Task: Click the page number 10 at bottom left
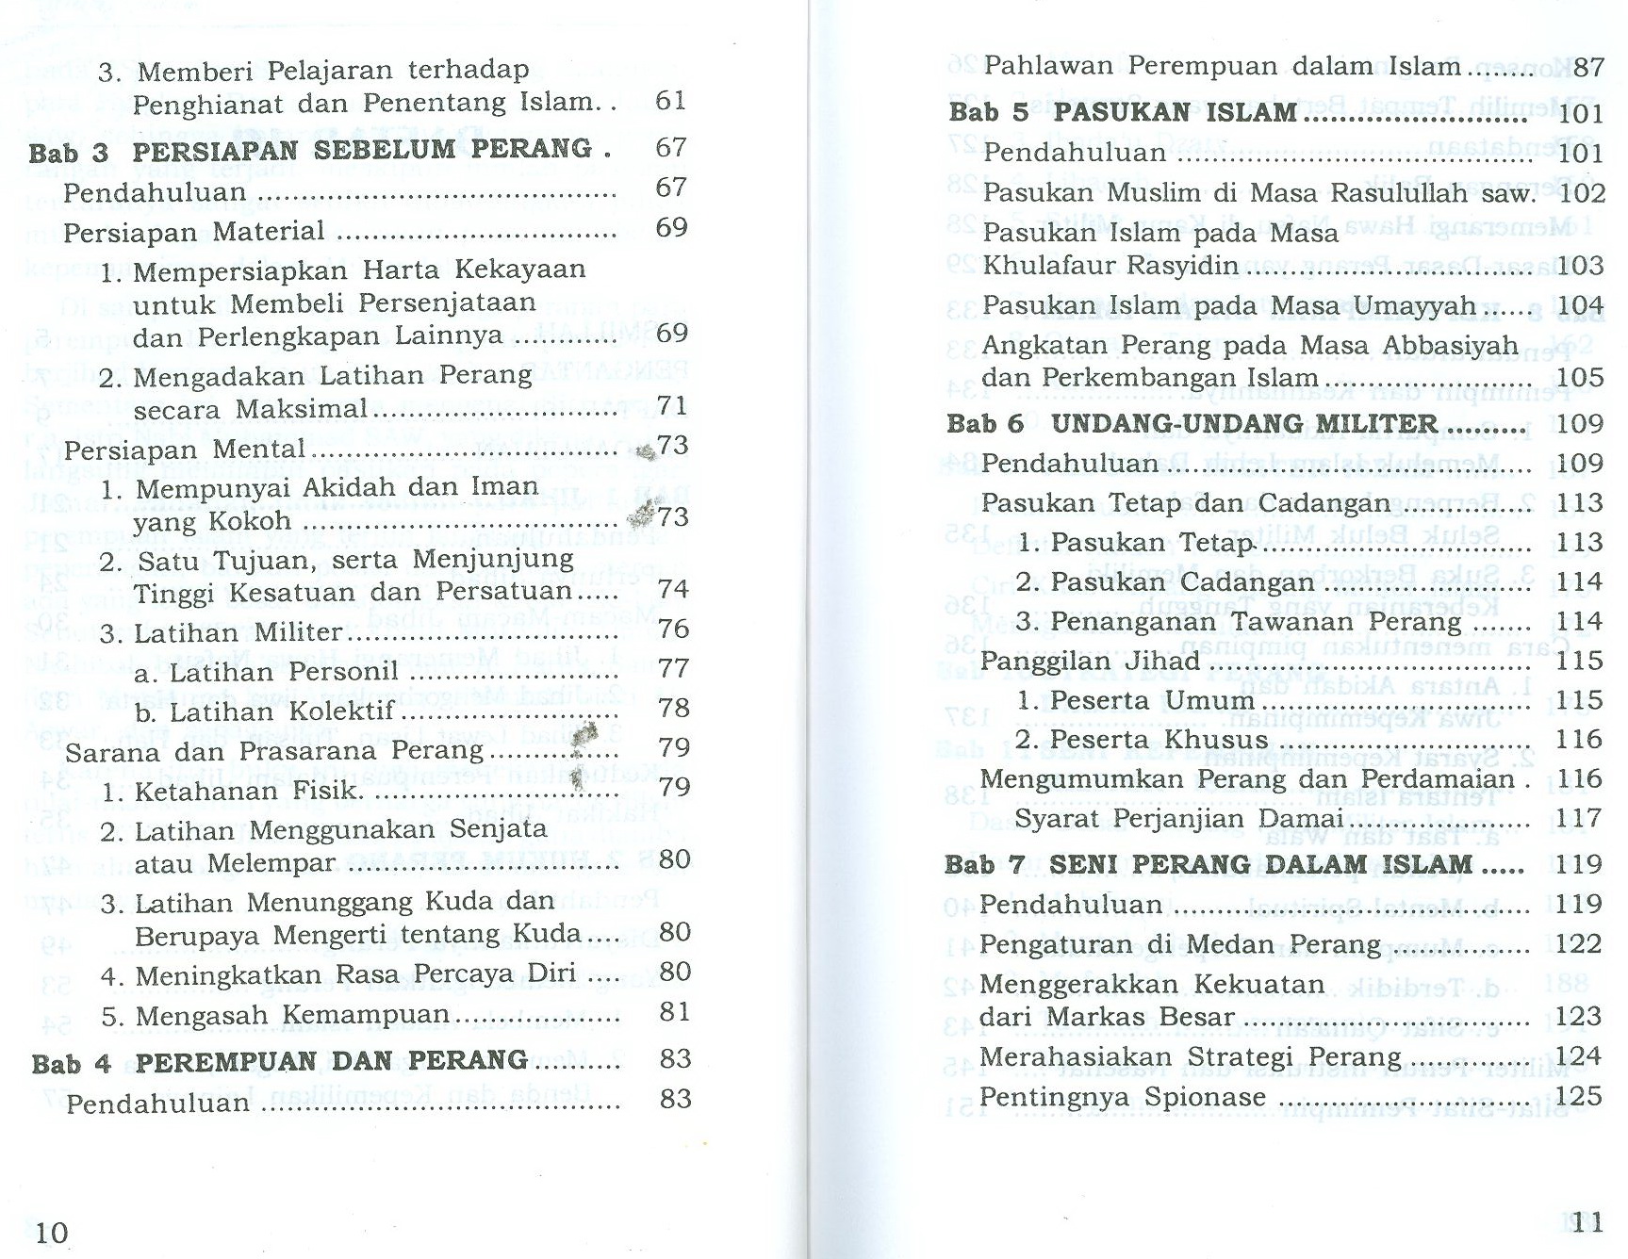pos(52,1232)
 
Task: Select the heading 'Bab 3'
pos(68,152)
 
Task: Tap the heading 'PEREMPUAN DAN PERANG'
pos(331,1061)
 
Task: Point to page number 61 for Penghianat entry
pos(670,101)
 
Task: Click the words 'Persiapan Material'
pos(194,232)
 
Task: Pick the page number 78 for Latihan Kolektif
pos(673,708)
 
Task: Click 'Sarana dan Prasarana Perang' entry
pos(274,751)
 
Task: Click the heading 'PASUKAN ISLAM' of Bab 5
pos(1175,113)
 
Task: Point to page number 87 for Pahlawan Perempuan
pos(1588,67)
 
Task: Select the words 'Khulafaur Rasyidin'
pos(1110,266)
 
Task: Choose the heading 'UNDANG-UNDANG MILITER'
pos(1244,424)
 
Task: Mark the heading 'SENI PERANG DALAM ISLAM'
pos(1260,864)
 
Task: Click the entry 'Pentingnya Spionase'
pos(1123,1097)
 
